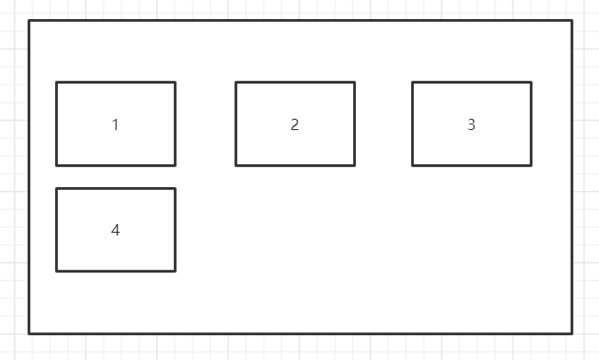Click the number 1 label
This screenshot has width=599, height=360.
point(116,124)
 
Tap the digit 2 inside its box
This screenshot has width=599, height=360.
point(294,124)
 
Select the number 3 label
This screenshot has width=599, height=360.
point(471,124)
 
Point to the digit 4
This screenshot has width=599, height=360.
point(116,230)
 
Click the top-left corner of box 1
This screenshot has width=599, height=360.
point(57,83)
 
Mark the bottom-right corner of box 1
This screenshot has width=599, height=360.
point(175,165)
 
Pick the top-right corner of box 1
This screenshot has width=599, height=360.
point(175,83)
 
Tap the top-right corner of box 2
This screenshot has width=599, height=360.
point(354,83)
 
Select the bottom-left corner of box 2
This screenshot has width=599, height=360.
point(236,165)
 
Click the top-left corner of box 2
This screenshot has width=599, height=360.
point(236,83)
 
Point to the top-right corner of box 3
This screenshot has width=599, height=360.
point(531,83)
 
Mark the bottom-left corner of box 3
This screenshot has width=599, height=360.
point(413,165)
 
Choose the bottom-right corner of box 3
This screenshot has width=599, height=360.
point(531,165)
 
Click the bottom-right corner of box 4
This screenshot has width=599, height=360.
point(175,271)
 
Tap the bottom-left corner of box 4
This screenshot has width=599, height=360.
point(57,271)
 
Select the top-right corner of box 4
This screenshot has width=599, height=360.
point(175,189)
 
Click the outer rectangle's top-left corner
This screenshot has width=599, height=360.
point(29,21)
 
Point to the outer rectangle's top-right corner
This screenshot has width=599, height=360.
point(571,21)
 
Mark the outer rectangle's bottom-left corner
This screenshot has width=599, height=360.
point(29,333)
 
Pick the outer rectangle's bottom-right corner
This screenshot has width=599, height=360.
point(571,333)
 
